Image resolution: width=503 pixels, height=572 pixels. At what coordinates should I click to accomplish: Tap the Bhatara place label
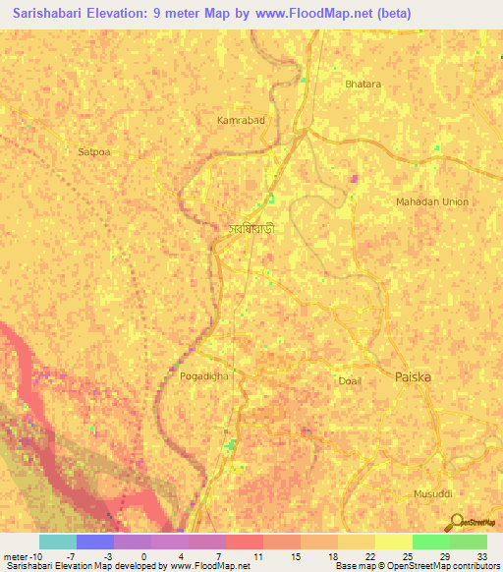(x=363, y=85)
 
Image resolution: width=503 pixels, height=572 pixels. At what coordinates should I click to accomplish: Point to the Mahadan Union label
(x=432, y=201)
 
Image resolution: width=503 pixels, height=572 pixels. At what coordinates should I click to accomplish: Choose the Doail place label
(x=349, y=380)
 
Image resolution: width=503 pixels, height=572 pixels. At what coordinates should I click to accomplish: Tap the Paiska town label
(x=413, y=377)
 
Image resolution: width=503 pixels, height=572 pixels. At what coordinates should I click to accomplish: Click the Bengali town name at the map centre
(x=250, y=228)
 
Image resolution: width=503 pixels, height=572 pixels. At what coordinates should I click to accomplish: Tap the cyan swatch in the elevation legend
(x=58, y=542)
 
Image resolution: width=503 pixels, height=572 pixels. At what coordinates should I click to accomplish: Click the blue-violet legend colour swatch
(x=95, y=542)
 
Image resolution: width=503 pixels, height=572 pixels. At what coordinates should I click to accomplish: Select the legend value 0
(x=143, y=557)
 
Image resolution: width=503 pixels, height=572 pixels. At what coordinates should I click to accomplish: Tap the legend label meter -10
(x=23, y=557)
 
